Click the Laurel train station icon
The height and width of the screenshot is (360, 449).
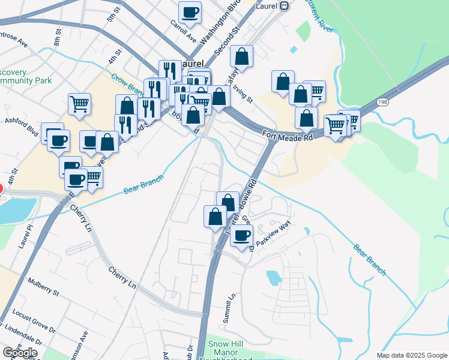coord(285,5)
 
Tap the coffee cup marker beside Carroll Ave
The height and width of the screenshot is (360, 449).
coord(190,12)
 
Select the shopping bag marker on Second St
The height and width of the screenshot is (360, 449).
coord(241,56)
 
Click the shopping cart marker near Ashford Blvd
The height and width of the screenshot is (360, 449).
coord(79,104)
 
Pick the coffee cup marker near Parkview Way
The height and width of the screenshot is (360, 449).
coord(241,235)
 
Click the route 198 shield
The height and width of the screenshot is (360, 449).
coord(382,103)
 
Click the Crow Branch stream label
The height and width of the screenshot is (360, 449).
coord(126,84)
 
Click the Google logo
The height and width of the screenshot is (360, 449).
coord(19,353)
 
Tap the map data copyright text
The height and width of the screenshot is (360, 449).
coord(411,355)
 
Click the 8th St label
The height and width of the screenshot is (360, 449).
coord(58,37)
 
